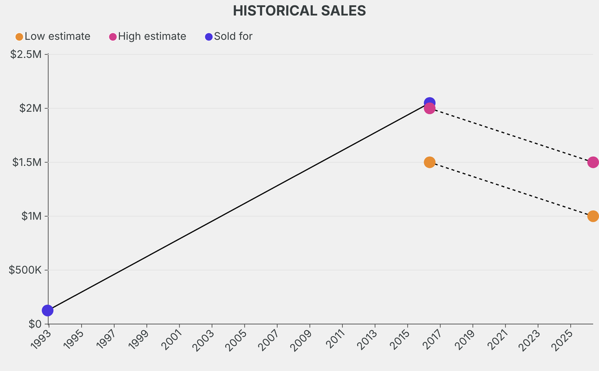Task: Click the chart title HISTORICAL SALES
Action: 299,11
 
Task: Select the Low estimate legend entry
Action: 57,36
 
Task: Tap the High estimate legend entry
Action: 152,36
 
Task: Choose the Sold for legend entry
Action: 233,36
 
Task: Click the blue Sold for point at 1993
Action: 47,311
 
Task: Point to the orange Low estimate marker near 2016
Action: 429,162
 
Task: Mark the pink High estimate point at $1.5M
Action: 593,162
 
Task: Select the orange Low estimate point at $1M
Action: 593,216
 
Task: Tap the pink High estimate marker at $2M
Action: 429,109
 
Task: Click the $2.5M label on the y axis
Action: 26,54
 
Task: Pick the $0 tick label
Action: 35,324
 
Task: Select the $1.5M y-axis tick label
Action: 27,162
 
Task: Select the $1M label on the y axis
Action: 32,216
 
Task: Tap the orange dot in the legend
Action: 19,37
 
